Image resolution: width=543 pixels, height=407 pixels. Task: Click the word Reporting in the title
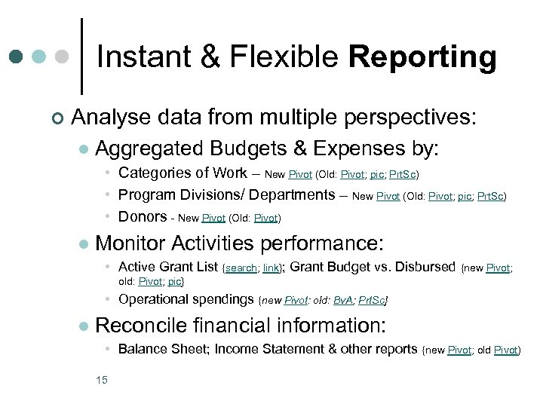pyautogui.click(x=423, y=58)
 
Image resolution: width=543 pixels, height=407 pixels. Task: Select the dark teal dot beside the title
pyautogui.click(x=17, y=57)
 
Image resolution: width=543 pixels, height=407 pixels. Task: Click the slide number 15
pyautogui.click(x=102, y=379)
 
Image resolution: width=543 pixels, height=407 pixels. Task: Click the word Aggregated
pyautogui.click(x=150, y=148)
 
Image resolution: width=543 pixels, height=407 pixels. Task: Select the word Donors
pyautogui.click(x=143, y=216)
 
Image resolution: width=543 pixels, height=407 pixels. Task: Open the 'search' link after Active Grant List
pyautogui.click(x=241, y=268)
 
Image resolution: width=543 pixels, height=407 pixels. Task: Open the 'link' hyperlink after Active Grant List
pyautogui.click(x=269, y=268)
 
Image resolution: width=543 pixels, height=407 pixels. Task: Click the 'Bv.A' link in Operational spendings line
pyautogui.click(x=344, y=301)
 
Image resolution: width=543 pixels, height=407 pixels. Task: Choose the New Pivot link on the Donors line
pyautogui.click(x=213, y=219)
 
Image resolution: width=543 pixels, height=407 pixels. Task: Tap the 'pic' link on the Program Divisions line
pyautogui.click(x=463, y=197)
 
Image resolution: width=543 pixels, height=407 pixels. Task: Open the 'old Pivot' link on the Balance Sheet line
pyautogui.click(x=506, y=350)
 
